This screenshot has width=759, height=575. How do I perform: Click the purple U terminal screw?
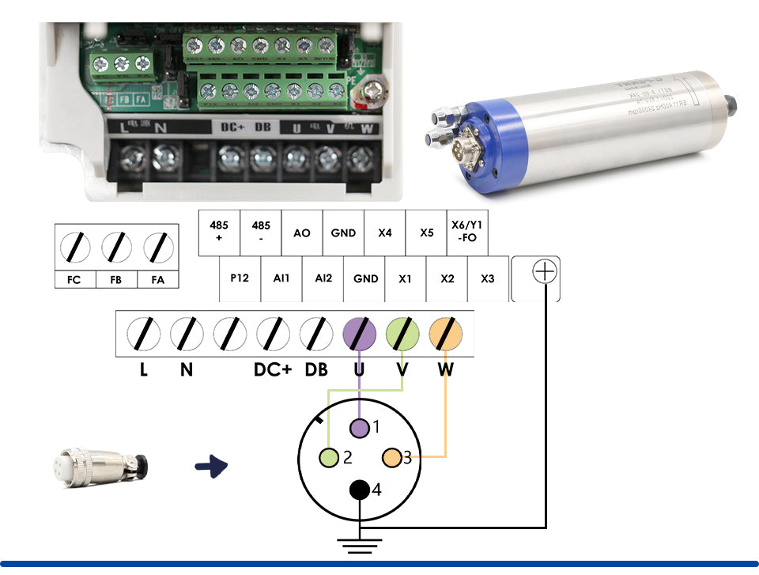360,335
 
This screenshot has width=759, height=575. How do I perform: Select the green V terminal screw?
402,335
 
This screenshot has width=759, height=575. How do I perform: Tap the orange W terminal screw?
445,335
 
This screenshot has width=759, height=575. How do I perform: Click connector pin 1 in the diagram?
360,428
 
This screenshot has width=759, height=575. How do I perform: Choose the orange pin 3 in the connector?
391,457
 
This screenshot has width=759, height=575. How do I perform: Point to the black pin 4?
360,490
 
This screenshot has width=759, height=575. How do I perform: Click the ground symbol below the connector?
360,544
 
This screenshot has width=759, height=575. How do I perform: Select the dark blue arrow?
211,466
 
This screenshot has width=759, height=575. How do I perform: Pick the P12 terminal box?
240,279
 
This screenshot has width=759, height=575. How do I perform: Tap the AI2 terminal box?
323,279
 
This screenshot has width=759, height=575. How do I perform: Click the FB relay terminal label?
116,280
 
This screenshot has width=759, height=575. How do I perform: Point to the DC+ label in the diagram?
273,369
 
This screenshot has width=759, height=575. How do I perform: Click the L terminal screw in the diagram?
144,335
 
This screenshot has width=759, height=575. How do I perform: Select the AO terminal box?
302,233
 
